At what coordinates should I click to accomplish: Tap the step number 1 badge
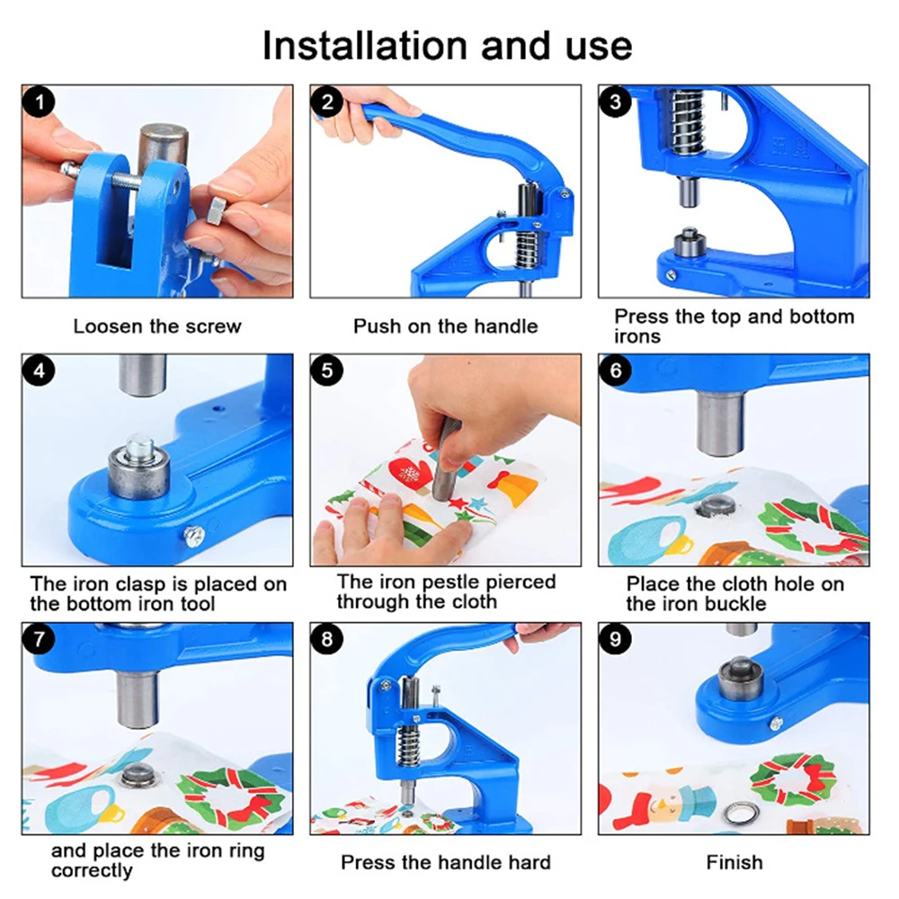coord(39,102)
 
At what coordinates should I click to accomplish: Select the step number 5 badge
coord(327,370)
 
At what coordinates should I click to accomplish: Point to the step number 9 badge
coord(616,638)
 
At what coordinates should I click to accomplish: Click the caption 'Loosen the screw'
coord(157,326)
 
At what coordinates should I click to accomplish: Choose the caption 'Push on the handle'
coord(446,326)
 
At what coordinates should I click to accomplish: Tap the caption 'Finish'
coord(734,862)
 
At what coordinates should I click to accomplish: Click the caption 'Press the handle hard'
coord(446,862)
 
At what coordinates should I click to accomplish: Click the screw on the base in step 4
coord(194,537)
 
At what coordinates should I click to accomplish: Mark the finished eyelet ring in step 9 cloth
coord(737,813)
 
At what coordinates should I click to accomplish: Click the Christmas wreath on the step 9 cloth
coord(792,780)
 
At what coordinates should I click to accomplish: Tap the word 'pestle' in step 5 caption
coord(446,583)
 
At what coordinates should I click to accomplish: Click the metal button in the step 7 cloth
coord(138,776)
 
